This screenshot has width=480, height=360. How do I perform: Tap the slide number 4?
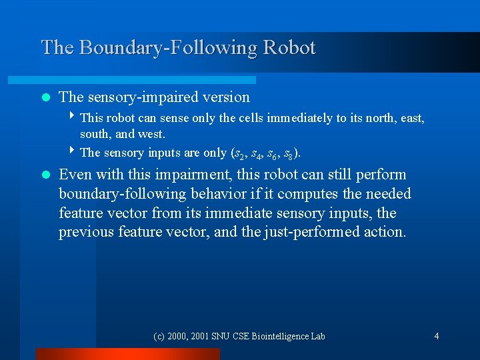437,336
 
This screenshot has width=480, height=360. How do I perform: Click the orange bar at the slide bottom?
127,354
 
